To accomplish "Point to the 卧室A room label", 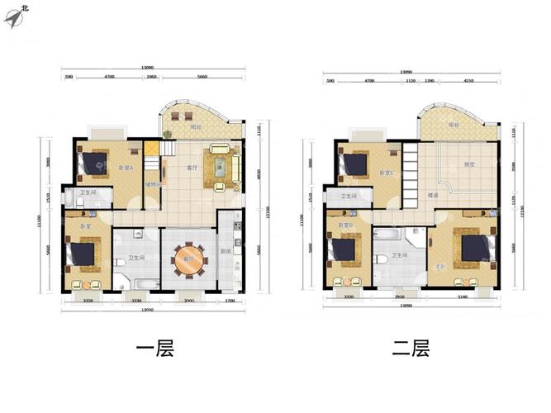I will coord(126,169).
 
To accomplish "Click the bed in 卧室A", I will coord(93,164).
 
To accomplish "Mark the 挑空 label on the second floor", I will coord(469,164).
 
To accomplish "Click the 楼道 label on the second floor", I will coord(433,195).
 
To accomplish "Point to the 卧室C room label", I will coord(386,173).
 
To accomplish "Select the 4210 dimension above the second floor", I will coord(468,82).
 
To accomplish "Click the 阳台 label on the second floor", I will coord(454,125).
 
